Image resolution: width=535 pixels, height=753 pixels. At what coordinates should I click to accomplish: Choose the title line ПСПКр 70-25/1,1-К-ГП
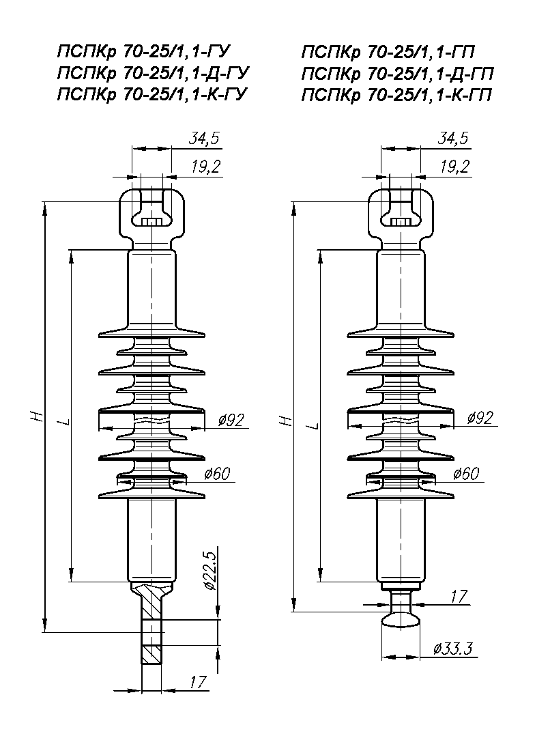tap(397, 95)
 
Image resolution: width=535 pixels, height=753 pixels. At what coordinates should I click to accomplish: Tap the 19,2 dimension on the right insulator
tap(454, 166)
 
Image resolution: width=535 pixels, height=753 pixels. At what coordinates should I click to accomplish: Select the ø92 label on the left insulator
tap(231, 420)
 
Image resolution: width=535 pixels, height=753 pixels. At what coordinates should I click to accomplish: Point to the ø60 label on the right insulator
tap(465, 474)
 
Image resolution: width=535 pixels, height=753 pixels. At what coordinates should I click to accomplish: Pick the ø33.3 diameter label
tap(453, 649)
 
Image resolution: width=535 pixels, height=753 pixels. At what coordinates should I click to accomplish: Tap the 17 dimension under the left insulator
tap(198, 681)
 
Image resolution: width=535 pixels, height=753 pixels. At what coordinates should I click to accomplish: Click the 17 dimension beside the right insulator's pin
tap(459, 596)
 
